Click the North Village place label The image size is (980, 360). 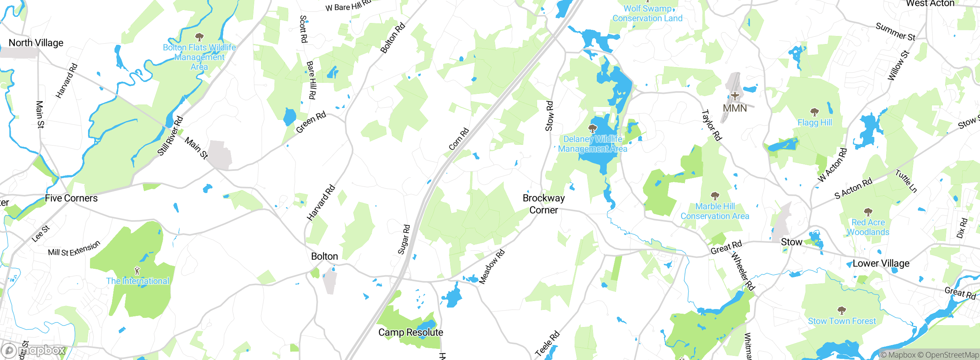pyautogui.click(x=36, y=43)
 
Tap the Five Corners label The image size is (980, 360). pyautogui.click(x=71, y=198)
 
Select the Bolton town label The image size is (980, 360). pyautogui.click(x=324, y=256)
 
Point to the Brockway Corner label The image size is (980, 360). pyautogui.click(x=544, y=204)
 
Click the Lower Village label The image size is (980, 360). pyautogui.click(x=881, y=263)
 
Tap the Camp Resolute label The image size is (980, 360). pyautogui.click(x=410, y=332)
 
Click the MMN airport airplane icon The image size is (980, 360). pyautogui.click(x=735, y=95)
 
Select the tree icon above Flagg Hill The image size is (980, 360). pyautogui.click(x=815, y=112)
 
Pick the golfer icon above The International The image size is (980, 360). pyautogui.click(x=137, y=271)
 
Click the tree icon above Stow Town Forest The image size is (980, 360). pyautogui.click(x=841, y=310)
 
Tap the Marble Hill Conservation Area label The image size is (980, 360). pyautogui.click(x=715, y=211)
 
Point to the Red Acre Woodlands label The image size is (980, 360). pyautogui.click(x=868, y=227)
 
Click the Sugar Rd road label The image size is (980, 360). pyautogui.click(x=404, y=240)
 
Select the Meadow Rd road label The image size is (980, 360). pyautogui.click(x=492, y=267)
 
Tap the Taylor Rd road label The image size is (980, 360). pyautogui.click(x=711, y=125)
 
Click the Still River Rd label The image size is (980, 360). pyautogui.click(x=170, y=136)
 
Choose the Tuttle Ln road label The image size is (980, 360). pyautogui.click(x=906, y=181)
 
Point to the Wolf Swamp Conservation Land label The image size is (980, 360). pyautogui.click(x=647, y=13)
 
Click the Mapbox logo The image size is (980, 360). pyautogui.click(x=34, y=350)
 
